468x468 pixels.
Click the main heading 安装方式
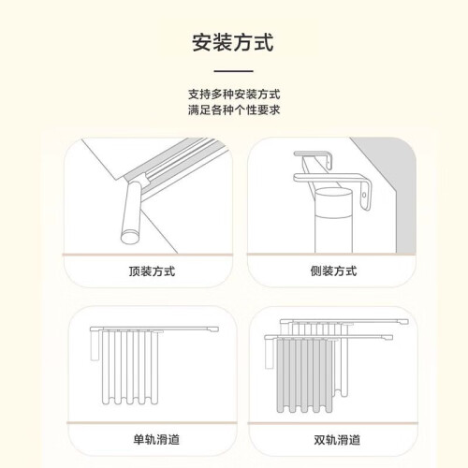click(233, 42)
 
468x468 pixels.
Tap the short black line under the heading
click(233, 71)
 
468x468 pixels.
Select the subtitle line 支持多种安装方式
click(234, 94)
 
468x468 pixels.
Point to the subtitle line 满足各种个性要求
click(234, 110)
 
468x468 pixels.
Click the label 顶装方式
click(152, 271)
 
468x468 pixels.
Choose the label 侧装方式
click(333, 271)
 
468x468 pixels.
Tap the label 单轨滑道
click(156, 440)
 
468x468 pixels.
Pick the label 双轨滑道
click(337, 440)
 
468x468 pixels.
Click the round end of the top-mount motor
click(130, 237)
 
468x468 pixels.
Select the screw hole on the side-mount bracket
click(364, 196)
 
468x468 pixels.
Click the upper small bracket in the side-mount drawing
click(312, 158)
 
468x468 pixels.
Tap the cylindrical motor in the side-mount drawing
click(333, 220)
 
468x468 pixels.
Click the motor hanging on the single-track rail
click(95, 345)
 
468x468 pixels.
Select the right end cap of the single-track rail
click(214, 329)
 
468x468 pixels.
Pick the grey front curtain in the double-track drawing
click(304, 375)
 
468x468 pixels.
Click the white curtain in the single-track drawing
click(130, 368)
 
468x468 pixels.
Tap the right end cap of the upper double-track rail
click(404, 322)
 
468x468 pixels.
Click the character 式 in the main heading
click(264, 42)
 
